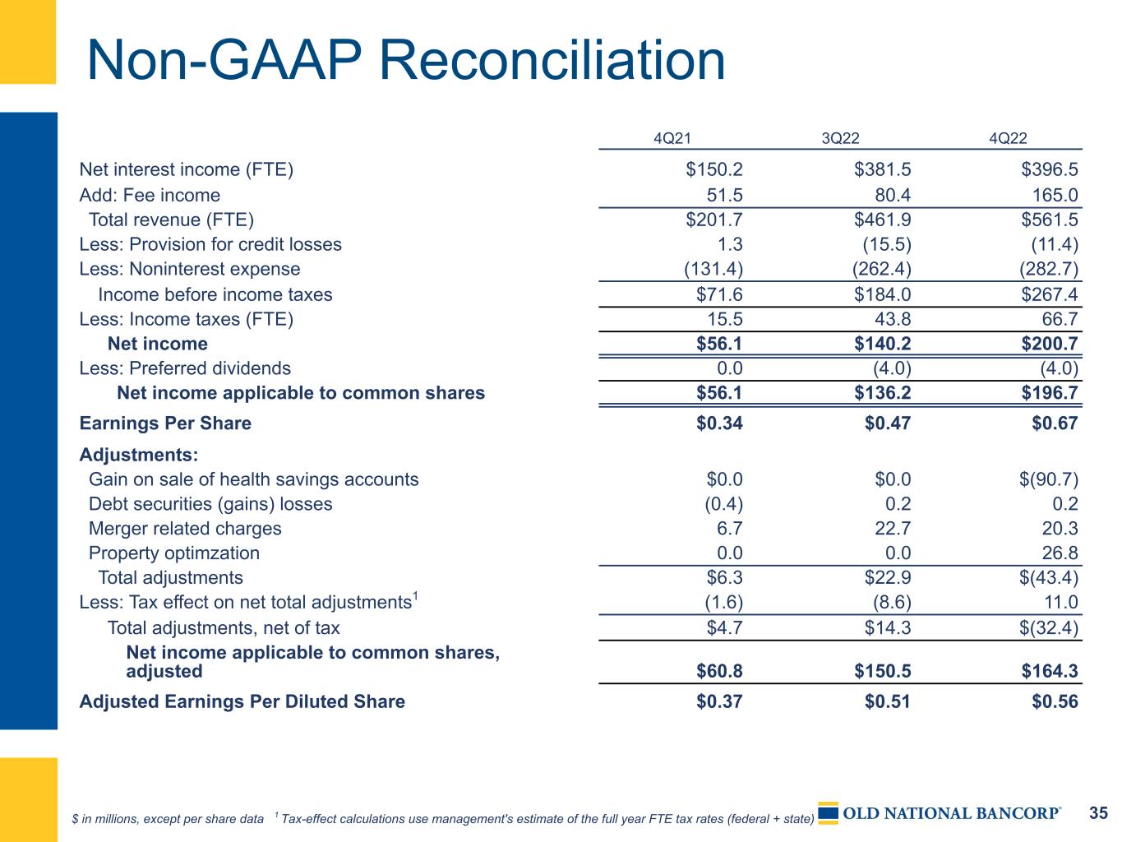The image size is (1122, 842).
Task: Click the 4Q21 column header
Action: pyautogui.click(x=672, y=138)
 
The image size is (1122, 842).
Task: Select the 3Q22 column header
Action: pyautogui.click(x=840, y=138)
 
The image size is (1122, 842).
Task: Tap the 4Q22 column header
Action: pyautogui.click(x=1008, y=138)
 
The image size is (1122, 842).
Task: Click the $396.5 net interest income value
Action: pyautogui.click(x=1050, y=169)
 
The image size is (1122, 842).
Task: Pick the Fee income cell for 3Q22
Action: pyautogui.click(x=893, y=195)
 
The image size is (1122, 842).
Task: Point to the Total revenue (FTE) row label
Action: pyautogui.click(x=171, y=220)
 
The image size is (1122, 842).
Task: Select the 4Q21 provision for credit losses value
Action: pyautogui.click(x=730, y=244)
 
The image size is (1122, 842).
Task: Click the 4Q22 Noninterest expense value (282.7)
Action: pyautogui.click(x=1049, y=269)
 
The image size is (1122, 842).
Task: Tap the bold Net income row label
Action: pyautogui.click(x=158, y=344)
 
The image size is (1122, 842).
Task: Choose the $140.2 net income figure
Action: pyautogui.click(x=882, y=344)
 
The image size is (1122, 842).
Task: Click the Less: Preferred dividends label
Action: pyautogui.click(x=185, y=368)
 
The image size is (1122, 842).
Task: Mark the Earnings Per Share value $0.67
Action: pyautogui.click(x=1055, y=423)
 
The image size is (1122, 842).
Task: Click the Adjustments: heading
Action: pyautogui.click(x=139, y=455)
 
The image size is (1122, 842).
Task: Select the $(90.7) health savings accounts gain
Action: pyautogui.click(x=1049, y=479)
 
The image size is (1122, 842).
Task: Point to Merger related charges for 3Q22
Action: pyautogui.click(x=893, y=528)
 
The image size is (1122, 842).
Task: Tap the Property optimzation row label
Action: pyautogui.click(x=174, y=553)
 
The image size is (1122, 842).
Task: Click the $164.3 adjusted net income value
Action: pyautogui.click(x=1050, y=671)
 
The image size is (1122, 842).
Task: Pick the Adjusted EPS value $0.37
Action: pyautogui.click(x=719, y=701)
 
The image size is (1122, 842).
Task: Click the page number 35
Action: pyautogui.click(x=1098, y=813)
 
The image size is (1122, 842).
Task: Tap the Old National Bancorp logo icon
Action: pyautogui.click(x=828, y=813)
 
